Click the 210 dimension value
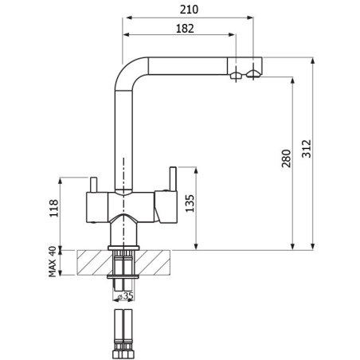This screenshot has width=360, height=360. pyautogui.click(x=189, y=10)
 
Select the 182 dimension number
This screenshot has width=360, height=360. pyautogui.click(x=185, y=29)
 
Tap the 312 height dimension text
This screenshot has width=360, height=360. pyautogui.click(x=307, y=149)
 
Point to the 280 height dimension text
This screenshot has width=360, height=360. pyautogui.click(x=286, y=158)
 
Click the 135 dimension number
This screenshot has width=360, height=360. pyautogui.click(x=190, y=203)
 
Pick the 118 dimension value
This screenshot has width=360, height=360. pyautogui.click(x=54, y=208)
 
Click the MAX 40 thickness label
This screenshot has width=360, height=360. pyautogui.click(x=53, y=261)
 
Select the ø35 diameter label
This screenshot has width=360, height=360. pyautogui.click(x=126, y=295)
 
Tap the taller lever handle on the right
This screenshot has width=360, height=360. pyautogui.click(x=173, y=178)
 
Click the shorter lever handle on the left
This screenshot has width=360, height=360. pyautogui.click(x=93, y=184)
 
